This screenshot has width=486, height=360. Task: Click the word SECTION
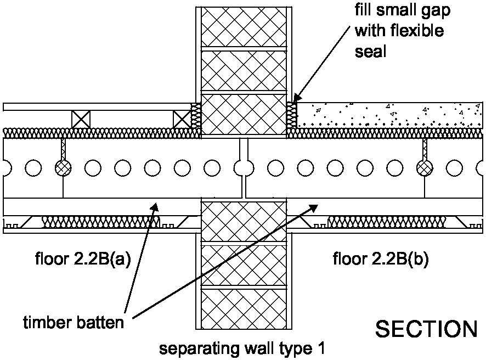[426, 329]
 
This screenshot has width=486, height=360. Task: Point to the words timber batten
[73, 322]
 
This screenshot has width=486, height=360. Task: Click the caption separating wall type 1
[242, 348]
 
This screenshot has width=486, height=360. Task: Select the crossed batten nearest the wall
[181, 119]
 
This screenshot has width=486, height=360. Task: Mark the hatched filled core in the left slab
[62, 166]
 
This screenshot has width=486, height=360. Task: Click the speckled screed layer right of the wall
[389, 115]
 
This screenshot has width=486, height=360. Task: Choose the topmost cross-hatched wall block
[242, 27]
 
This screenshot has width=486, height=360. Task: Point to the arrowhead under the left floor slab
[156, 207]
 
